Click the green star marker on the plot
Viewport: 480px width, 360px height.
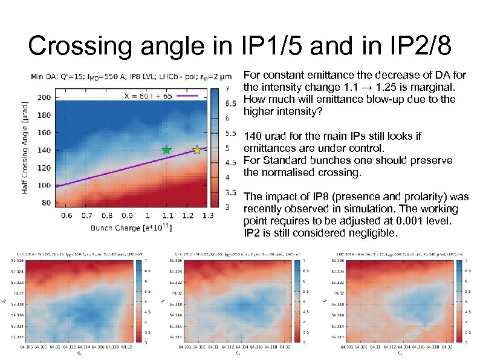point(167,149)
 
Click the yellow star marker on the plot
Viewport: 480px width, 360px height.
point(196,149)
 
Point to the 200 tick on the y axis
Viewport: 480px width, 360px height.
point(44,97)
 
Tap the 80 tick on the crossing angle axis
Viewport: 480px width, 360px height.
point(46,203)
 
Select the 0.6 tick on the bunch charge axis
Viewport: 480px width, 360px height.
point(66,215)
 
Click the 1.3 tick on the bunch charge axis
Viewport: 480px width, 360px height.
point(207,215)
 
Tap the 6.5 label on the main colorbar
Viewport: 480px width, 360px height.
point(231,103)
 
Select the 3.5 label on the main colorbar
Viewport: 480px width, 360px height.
point(231,192)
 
